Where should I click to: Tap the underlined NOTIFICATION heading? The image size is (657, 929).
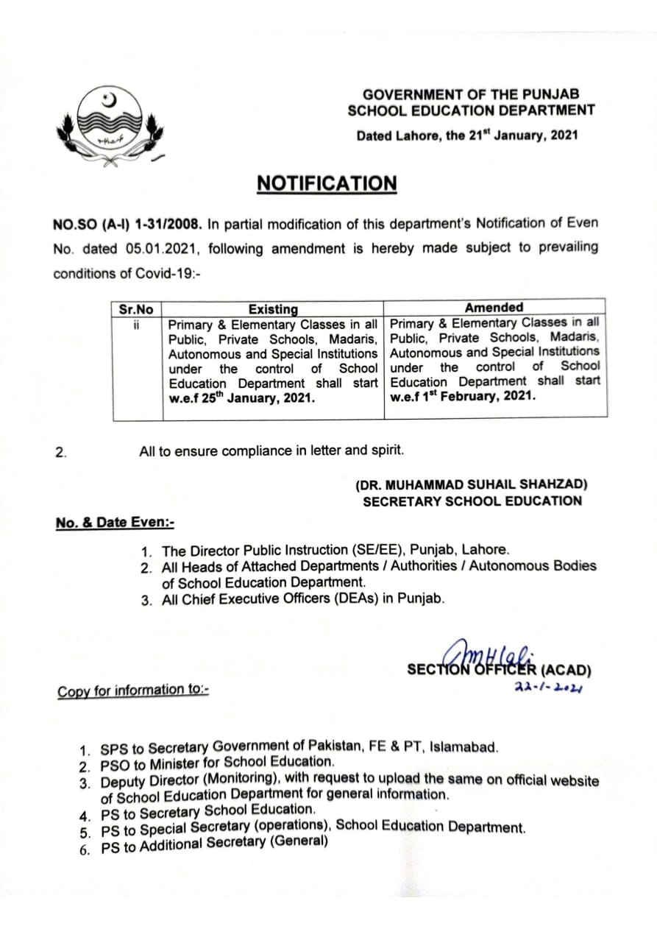pyautogui.click(x=326, y=183)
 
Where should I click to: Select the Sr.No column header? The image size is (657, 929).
pyautogui.click(x=136, y=310)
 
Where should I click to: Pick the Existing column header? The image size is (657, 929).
pyautogui.click(x=273, y=310)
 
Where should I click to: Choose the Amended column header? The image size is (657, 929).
pyautogui.click(x=494, y=308)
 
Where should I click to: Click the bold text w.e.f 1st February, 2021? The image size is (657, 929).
pyautogui.click(x=463, y=396)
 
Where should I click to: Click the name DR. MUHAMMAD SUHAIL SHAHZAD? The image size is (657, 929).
pyautogui.click(x=471, y=485)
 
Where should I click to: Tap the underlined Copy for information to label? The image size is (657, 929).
pyautogui.click(x=132, y=690)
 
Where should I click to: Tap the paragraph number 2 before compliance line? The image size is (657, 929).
pyautogui.click(x=62, y=452)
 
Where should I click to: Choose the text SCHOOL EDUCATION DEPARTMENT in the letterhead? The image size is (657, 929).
pyautogui.click(x=471, y=110)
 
